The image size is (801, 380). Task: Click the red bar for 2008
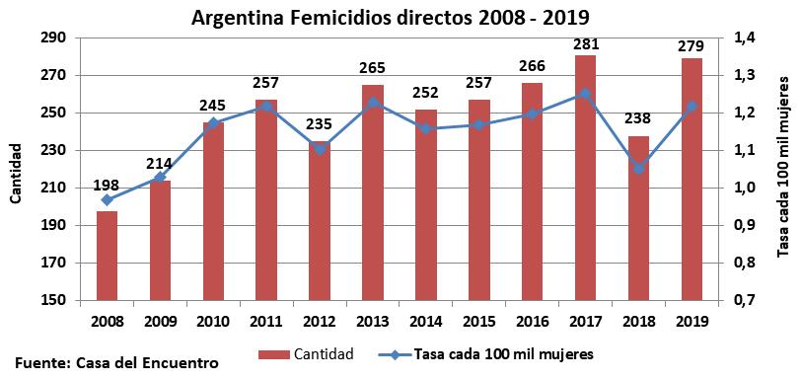click(107, 256)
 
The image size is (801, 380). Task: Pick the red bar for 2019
click(691, 179)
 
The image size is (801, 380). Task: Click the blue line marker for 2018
click(638, 169)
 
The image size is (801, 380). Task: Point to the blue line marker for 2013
click(372, 102)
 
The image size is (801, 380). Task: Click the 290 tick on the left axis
click(52, 38)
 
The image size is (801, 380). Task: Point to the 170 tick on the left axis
click(52, 264)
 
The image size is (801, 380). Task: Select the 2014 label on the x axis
click(425, 321)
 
